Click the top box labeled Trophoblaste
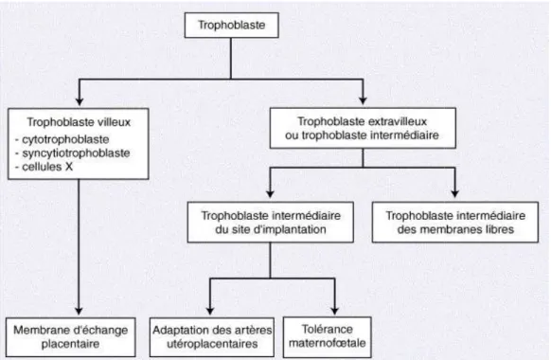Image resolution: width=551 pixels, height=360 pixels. (x=232, y=25)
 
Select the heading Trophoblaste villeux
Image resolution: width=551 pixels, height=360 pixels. (x=79, y=122)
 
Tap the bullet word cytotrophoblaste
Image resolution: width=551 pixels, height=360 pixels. (x=65, y=139)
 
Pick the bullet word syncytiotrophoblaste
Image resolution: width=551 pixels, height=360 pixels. (x=76, y=153)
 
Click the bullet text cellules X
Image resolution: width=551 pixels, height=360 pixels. (x=47, y=167)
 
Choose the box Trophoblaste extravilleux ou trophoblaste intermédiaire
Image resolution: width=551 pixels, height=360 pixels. (x=363, y=128)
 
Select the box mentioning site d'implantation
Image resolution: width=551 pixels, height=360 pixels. (x=270, y=223)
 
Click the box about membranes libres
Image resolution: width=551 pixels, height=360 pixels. (x=455, y=223)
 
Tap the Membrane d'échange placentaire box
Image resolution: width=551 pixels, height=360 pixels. (x=71, y=337)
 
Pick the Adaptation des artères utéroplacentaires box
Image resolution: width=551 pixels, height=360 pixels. (x=212, y=337)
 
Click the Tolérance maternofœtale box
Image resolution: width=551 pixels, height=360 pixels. (x=328, y=337)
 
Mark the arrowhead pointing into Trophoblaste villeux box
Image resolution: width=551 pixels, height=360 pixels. (x=80, y=101)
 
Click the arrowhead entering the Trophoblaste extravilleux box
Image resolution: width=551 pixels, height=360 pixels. (x=363, y=100)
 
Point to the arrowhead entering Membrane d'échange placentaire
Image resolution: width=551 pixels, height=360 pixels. (x=79, y=311)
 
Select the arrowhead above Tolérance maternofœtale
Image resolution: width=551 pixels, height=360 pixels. (x=334, y=311)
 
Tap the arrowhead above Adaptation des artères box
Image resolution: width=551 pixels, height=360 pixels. (x=210, y=311)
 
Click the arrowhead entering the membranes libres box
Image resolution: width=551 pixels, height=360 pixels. (x=454, y=193)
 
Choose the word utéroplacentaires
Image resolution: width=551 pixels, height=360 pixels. (x=212, y=344)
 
